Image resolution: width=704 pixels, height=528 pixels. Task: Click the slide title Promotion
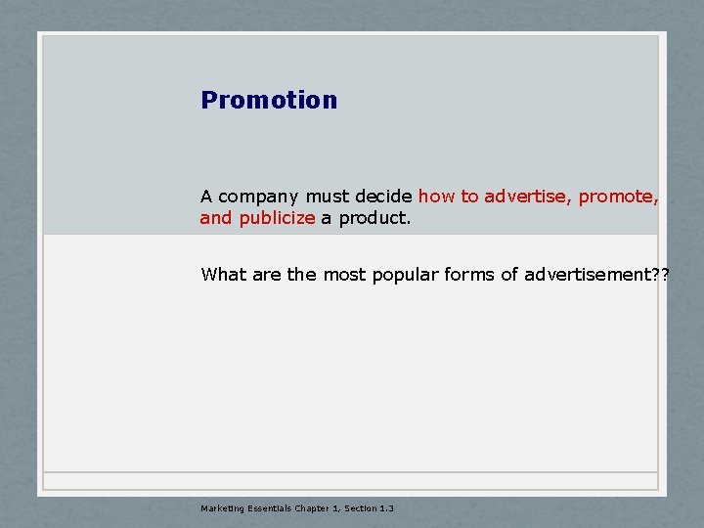269,100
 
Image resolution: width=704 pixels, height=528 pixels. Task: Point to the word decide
384,197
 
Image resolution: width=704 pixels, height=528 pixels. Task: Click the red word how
437,197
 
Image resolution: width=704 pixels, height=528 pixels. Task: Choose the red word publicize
277,218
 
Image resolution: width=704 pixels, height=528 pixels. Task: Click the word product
375,218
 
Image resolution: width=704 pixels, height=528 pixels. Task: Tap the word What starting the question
224,275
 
